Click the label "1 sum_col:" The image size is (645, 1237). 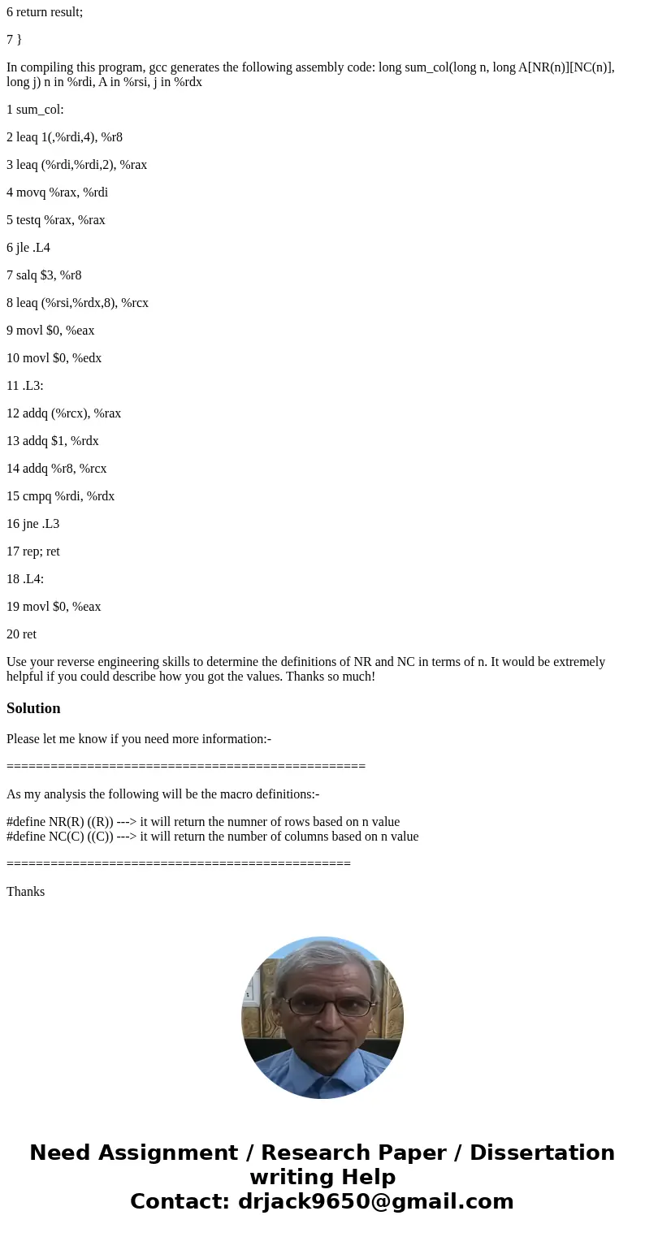[x=35, y=110]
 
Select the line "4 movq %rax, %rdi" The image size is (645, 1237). [x=57, y=192]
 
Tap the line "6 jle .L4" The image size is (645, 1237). [x=28, y=248]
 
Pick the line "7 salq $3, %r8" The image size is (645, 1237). [x=44, y=275]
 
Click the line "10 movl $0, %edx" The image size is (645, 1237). [x=54, y=358]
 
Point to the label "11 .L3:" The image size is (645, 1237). [x=25, y=386]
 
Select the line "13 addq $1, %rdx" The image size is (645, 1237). [x=53, y=441]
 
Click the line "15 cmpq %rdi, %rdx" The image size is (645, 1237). [x=60, y=496]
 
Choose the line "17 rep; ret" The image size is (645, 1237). [x=33, y=551]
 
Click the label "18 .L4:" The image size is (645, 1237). [x=25, y=579]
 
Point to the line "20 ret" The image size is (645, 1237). [x=22, y=634]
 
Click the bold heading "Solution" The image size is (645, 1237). [x=33, y=708]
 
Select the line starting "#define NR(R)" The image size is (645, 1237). [x=203, y=822]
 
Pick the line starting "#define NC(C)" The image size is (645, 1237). [x=212, y=837]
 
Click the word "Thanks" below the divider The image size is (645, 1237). [x=25, y=892]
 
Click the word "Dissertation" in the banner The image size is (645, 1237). [x=542, y=1153]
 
